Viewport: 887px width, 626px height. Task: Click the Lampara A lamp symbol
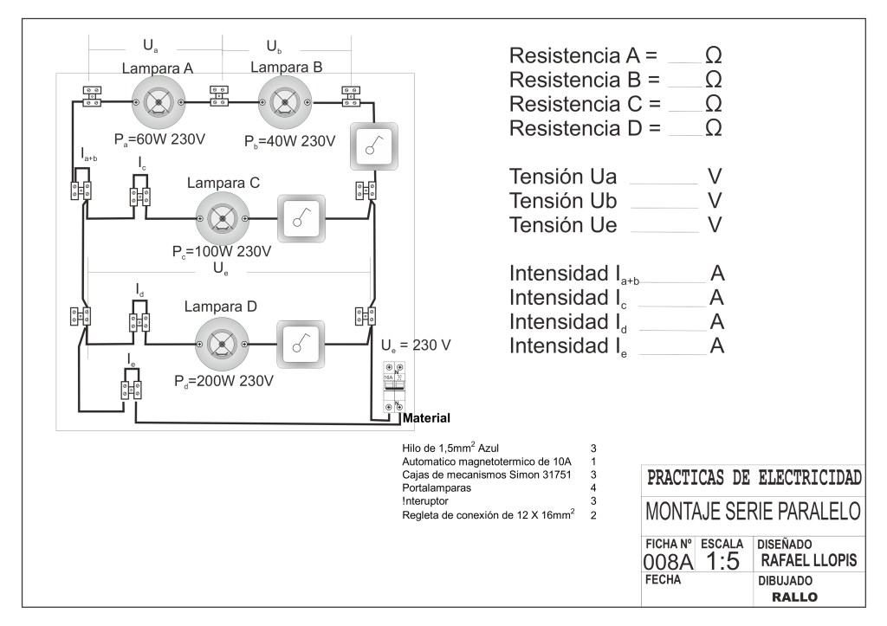(x=158, y=102)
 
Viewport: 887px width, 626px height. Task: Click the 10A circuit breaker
(x=396, y=385)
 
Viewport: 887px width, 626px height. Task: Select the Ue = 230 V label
(x=416, y=345)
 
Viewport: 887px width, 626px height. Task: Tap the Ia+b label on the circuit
(x=88, y=156)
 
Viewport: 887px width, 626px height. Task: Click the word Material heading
(x=427, y=419)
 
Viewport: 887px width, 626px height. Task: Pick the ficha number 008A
(x=669, y=564)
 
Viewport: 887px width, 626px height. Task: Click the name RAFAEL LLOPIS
(x=808, y=561)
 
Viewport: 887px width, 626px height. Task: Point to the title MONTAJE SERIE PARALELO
(x=753, y=511)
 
